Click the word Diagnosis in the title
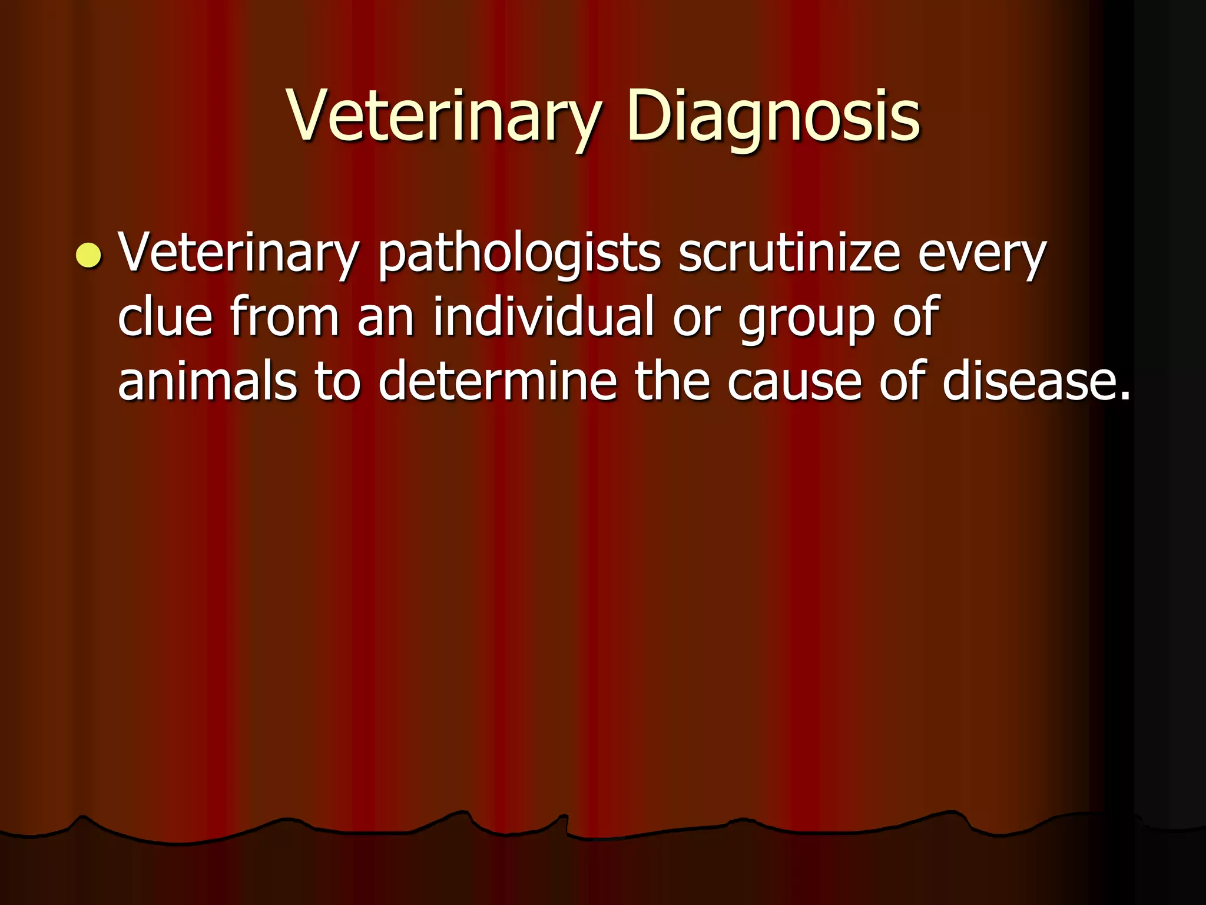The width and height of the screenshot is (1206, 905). (773, 116)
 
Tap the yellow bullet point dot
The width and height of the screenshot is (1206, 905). (89, 255)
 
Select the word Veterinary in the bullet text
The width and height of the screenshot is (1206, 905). (238, 253)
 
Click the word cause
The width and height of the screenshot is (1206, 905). (794, 382)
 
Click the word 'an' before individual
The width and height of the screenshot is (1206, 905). (386, 318)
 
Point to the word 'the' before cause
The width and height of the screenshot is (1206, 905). (671, 381)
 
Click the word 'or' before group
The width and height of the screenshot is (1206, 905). (697, 318)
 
